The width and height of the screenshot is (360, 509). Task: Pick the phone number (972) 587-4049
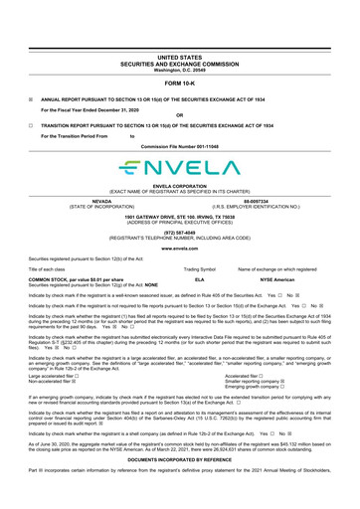tap(179, 235)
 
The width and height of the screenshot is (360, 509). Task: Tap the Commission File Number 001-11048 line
tap(179, 143)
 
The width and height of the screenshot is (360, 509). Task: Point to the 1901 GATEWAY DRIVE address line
tap(179, 216)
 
